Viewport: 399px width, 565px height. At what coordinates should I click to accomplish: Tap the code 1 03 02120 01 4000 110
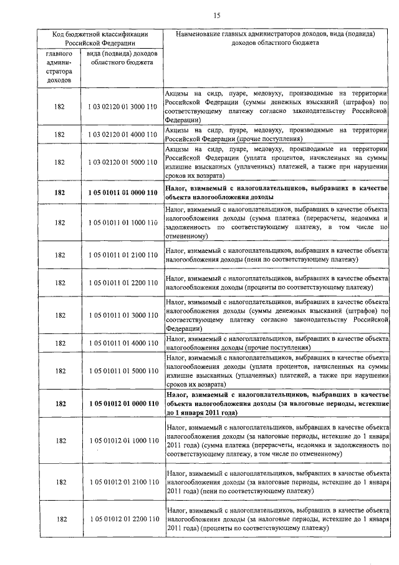point(122,134)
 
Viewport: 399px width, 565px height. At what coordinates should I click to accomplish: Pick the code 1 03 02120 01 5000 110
point(122,162)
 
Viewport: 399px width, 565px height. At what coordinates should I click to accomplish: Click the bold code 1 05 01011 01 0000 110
point(122,193)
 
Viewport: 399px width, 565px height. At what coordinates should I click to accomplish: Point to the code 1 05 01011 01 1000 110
point(122,223)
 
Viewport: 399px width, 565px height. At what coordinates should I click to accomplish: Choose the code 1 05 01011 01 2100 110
point(122,255)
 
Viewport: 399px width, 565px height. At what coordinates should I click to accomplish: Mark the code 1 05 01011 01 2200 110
point(122,283)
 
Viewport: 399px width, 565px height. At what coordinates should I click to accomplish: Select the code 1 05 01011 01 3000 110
point(122,315)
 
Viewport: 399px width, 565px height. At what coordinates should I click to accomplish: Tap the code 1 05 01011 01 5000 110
point(122,371)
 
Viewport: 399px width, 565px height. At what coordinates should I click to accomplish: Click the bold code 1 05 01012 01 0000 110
point(122,404)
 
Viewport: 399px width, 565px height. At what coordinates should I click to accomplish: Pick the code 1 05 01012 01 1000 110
point(122,441)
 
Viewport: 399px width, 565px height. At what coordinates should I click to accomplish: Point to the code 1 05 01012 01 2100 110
point(122,482)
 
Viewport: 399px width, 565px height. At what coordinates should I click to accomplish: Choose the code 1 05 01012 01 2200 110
point(122,519)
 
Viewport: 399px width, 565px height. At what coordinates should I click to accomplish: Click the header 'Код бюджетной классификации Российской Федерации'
point(100,39)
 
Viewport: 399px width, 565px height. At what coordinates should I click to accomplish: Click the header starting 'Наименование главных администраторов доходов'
point(279,39)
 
